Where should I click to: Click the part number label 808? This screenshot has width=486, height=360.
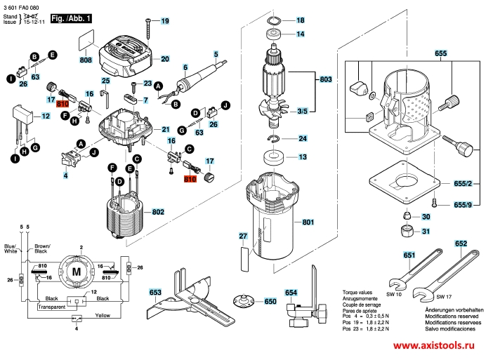pos(86,61)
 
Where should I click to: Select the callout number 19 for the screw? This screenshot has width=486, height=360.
pos(165,22)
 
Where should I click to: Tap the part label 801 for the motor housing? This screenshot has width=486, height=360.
pos(307,223)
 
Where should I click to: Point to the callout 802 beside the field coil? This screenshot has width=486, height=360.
pos(158,211)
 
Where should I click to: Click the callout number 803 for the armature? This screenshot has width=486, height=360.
pos(325,80)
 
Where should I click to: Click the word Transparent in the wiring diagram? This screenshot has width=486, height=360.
pos(52,307)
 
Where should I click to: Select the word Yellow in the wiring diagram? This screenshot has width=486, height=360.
pos(103,316)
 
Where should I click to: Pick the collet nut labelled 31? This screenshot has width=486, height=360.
pos(407,231)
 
